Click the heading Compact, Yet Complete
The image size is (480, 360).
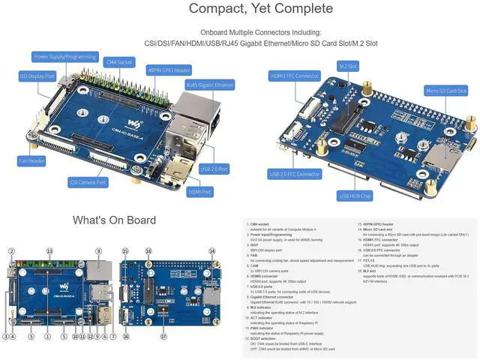pos(260,9)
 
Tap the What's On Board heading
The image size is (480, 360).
pos(114,220)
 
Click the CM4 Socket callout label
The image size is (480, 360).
pos(120,62)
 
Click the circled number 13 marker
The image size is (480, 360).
pos(49,251)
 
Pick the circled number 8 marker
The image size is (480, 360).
pos(98,251)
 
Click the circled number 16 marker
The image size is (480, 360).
pos(125,337)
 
